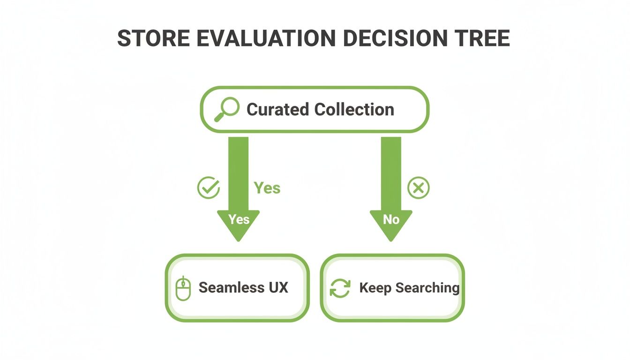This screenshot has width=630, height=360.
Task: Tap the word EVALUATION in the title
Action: point(259,39)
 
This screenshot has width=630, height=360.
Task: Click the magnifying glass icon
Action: point(226,110)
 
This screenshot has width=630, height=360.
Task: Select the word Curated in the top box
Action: point(278,110)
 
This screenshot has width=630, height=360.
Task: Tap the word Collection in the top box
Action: point(354,110)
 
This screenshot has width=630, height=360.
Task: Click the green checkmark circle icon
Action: point(208,188)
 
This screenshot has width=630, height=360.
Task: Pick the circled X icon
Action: point(418,188)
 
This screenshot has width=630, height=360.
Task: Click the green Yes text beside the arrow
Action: point(267,188)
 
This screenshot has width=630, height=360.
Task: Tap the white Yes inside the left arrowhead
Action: point(239,219)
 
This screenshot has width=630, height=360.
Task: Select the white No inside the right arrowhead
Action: point(391,219)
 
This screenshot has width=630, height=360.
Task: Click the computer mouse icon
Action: point(183,288)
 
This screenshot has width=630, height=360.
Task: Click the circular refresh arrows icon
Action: point(340,288)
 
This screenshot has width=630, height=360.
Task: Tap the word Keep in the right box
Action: point(375,287)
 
